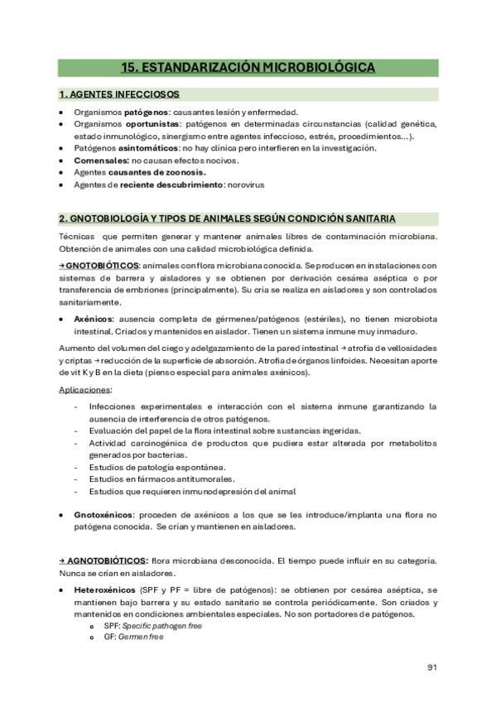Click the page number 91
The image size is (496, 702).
coord(432,667)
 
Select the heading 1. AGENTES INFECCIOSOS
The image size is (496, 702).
coord(119,94)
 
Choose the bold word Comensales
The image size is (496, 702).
coord(101,160)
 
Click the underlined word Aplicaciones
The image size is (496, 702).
coord(86,389)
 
